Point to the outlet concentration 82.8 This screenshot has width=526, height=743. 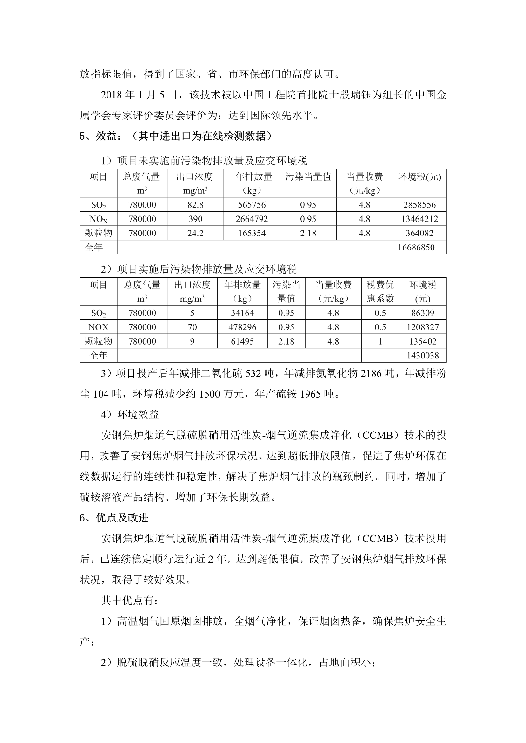pos(194,205)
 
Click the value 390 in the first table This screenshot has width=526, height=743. pos(194,219)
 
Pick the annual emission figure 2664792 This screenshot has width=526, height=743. pos(251,219)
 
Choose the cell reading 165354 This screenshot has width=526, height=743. pos(251,233)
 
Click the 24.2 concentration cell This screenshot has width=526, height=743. pos(194,233)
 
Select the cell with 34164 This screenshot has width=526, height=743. pos(242,313)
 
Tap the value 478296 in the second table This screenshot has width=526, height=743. pos(242,327)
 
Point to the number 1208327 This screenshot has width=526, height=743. pos(423,327)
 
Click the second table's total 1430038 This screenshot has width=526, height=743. pos(423,356)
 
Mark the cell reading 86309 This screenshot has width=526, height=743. pos(423,313)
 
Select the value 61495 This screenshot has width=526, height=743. pos(242,341)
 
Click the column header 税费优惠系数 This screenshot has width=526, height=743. pos(380,292)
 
